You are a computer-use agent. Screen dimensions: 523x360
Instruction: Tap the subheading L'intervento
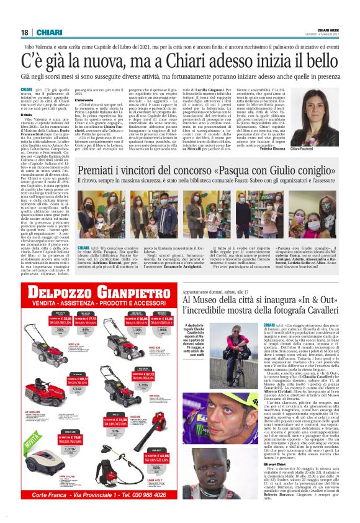pos(85,99)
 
